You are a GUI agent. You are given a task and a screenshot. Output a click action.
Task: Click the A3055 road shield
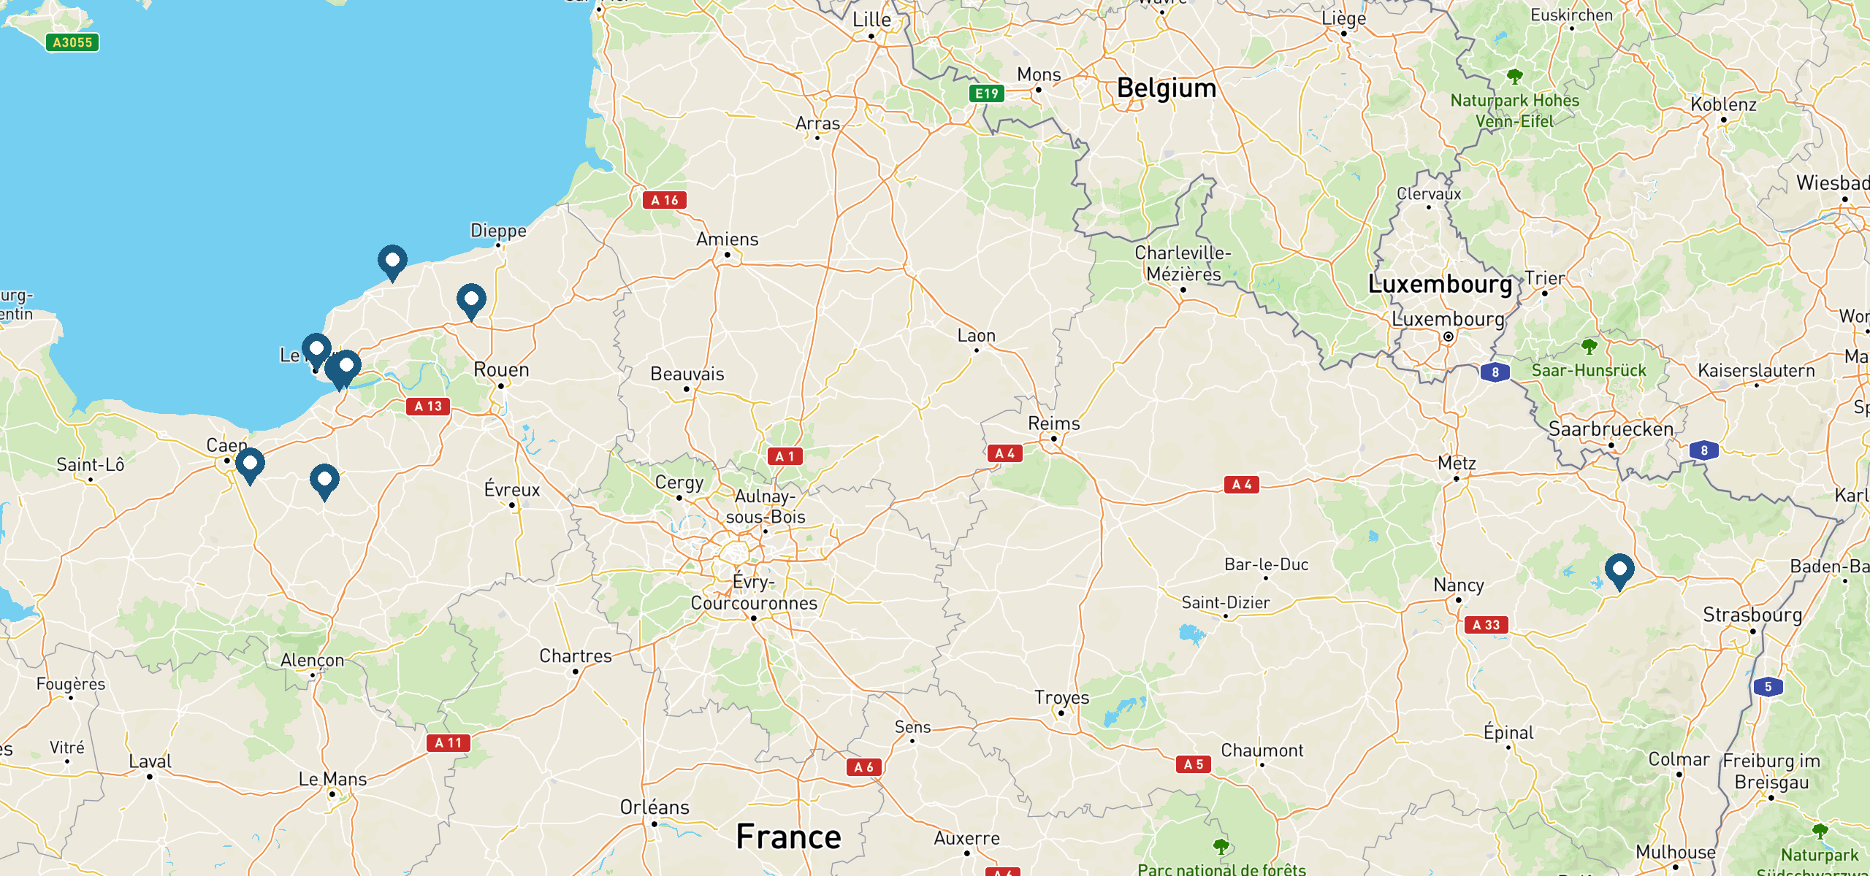click(x=72, y=42)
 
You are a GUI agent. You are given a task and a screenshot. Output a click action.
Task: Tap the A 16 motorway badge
click(x=664, y=200)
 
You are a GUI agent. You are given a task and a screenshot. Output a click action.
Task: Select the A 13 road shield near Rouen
click(x=428, y=406)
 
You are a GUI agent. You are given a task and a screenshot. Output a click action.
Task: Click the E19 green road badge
click(x=987, y=93)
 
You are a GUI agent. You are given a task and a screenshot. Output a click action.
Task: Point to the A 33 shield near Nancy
click(x=1486, y=625)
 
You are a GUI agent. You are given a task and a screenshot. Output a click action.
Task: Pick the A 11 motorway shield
click(x=448, y=742)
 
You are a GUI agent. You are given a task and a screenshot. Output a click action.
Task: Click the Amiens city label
click(x=727, y=239)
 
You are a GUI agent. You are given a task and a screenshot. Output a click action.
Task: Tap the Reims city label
click(x=1053, y=423)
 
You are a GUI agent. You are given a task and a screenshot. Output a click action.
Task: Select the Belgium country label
click(x=1167, y=88)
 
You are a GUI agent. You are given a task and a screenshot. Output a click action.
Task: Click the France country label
click(x=788, y=837)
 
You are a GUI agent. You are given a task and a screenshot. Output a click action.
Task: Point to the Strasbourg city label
click(x=1752, y=615)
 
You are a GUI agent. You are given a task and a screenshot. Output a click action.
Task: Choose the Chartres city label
click(x=576, y=656)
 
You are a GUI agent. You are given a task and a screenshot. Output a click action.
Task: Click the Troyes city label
click(x=1061, y=698)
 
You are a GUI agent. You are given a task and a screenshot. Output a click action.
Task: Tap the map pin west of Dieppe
click(x=392, y=261)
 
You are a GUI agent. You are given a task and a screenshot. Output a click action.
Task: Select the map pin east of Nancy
click(x=1619, y=569)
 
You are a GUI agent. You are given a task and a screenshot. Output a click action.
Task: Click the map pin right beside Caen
click(x=250, y=464)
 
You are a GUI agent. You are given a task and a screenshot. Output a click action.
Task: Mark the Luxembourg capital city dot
click(x=1448, y=337)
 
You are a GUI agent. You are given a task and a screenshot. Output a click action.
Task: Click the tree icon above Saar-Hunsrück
click(x=1589, y=345)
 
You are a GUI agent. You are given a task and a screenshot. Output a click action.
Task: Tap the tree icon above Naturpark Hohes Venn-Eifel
click(x=1515, y=75)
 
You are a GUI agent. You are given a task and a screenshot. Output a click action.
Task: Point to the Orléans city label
click(x=654, y=807)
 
